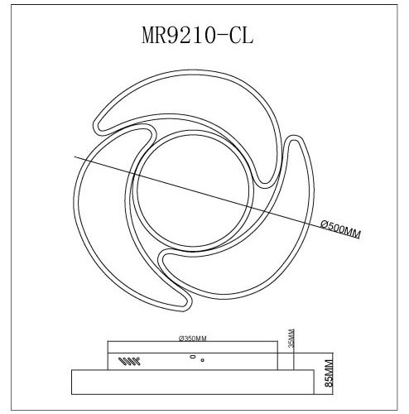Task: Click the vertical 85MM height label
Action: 329,374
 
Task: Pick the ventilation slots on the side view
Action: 129,360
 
